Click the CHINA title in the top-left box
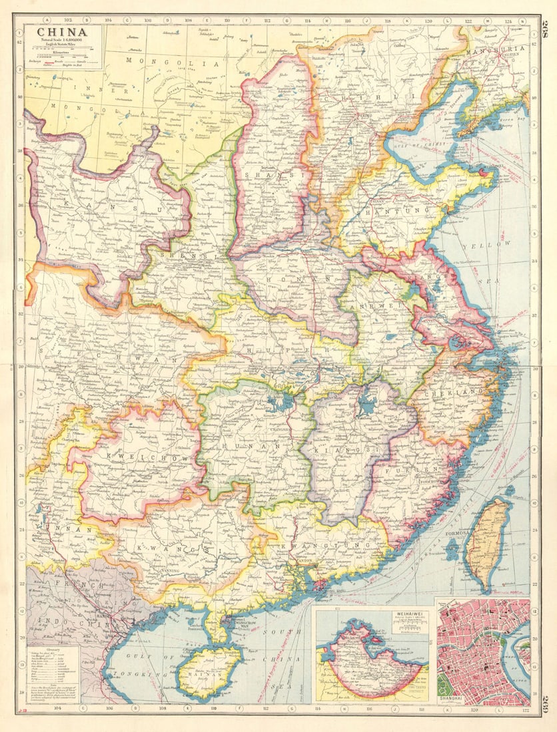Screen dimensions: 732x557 (x=61, y=32)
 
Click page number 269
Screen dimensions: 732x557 (x=544, y=702)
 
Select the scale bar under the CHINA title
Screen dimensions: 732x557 (x=62, y=53)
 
